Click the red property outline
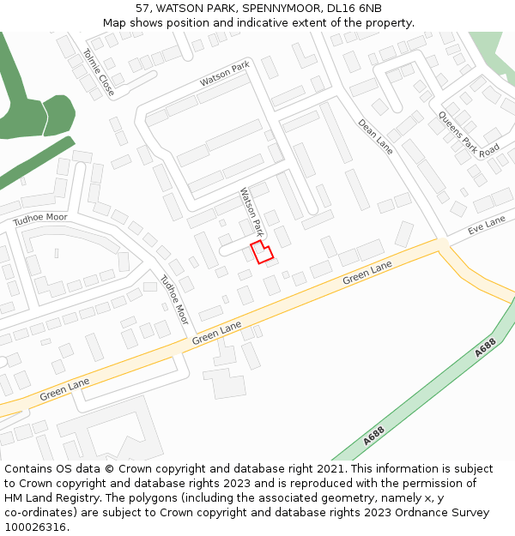(x=262, y=252)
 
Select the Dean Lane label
(x=375, y=136)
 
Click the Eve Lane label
(x=487, y=226)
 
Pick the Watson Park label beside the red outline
(x=251, y=212)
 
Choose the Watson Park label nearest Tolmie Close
(x=224, y=74)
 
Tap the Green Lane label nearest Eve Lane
(x=367, y=274)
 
